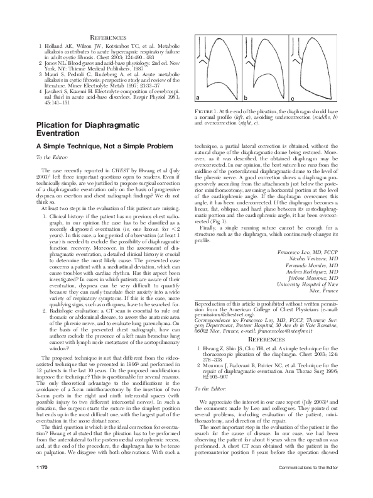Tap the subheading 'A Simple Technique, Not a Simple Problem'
99,146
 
